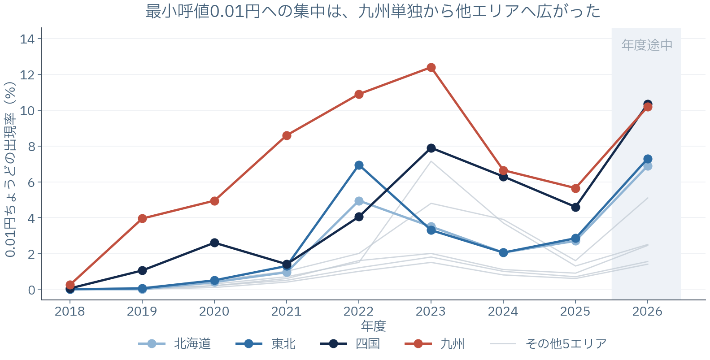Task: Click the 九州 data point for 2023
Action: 431,68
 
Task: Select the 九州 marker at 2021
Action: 287,136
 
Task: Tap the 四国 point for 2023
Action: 431,148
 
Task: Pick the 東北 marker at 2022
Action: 359,165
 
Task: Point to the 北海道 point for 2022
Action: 359,201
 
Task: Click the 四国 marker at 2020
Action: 214,243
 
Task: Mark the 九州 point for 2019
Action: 142,219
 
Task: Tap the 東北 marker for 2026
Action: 648,159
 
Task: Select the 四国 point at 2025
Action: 575,208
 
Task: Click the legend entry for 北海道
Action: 174,344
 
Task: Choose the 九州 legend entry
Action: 435,344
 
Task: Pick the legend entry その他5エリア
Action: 549,344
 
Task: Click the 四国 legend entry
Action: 350,344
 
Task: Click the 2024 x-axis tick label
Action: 503,311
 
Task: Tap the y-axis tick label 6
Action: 31,182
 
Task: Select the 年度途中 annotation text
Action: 647,45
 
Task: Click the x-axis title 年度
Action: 373,326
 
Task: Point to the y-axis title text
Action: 10,169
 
